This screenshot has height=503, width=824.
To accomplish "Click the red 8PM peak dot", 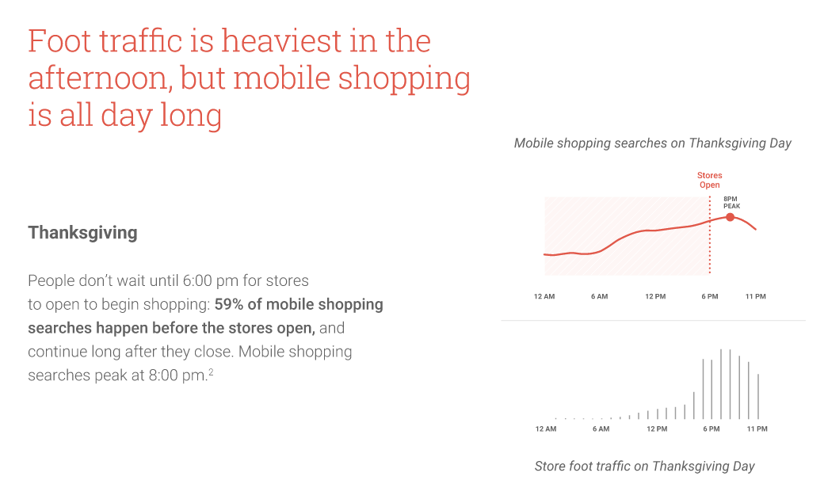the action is coord(730,217).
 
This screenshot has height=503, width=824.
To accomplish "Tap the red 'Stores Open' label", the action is coord(709,180).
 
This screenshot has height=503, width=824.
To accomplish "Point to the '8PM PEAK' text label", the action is coord(731,202).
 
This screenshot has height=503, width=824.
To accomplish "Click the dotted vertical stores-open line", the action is coord(709,235).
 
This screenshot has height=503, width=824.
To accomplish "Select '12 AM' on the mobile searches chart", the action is coord(544,296).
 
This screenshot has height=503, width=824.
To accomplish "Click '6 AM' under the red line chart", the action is coord(599,296).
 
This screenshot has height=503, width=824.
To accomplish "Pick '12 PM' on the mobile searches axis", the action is coord(655,296).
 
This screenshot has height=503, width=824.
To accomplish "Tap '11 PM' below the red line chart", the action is coord(756,296).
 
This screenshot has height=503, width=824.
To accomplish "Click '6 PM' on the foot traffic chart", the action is coord(711,429).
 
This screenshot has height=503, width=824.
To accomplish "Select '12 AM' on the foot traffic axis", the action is coord(545,429).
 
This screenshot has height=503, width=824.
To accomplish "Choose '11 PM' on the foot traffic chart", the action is coord(757,429).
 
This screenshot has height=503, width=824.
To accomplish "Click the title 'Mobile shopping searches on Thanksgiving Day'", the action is coord(653,143).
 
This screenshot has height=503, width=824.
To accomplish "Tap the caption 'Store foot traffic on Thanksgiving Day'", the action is coord(645,467).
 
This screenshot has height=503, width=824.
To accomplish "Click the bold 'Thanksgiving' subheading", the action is coord(82,233).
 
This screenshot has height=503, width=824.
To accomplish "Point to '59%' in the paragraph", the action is coord(229,304).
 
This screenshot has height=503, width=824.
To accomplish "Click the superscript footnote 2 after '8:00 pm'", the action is coord(211,372).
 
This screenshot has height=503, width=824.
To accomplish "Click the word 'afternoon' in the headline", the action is coord(97,78).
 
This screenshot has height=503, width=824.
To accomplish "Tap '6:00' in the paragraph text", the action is coord(197,280).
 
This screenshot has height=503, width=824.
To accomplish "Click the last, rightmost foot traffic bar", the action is coord(757,396).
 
